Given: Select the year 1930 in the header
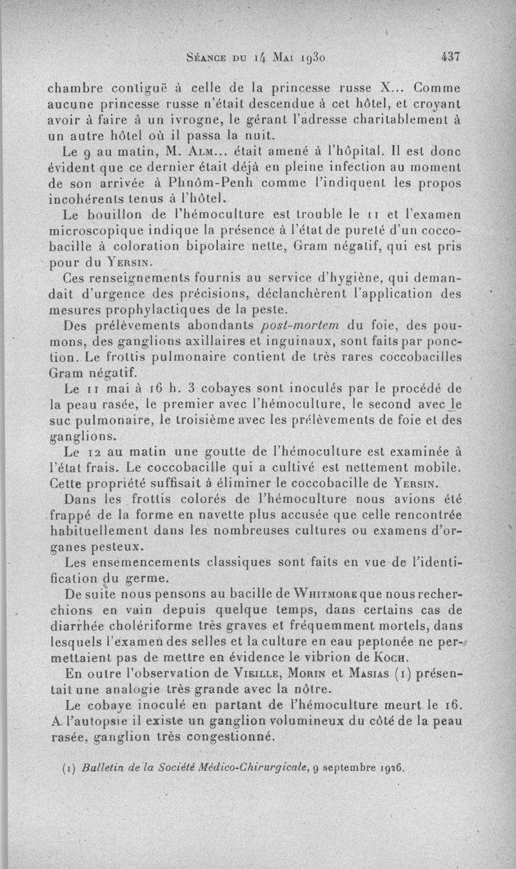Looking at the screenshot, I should (314, 57).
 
